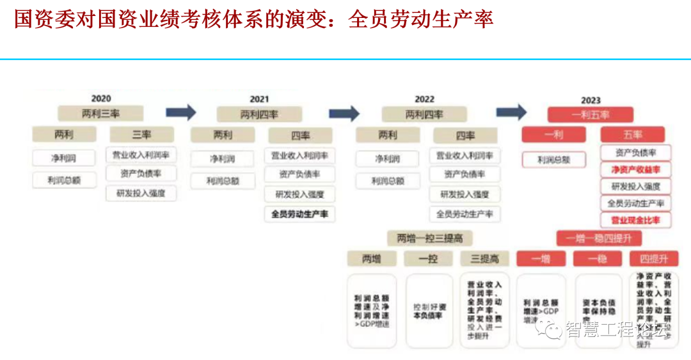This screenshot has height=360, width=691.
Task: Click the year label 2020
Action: click(x=100, y=98)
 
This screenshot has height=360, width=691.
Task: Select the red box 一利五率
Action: click(x=590, y=115)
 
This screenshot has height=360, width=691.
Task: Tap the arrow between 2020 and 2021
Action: click(x=180, y=113)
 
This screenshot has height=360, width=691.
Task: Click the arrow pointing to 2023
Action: click(x=511, y=113)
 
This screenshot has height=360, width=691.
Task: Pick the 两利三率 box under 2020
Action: click(x=100, y=114)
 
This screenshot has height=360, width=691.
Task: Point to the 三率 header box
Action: click(x=141, y=135)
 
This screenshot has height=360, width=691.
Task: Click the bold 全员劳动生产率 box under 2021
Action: click(x=299, y=214)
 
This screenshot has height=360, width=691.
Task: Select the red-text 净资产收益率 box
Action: click(x=635, y=169)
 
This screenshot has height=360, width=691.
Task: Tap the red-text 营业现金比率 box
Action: click(x=635, y=220)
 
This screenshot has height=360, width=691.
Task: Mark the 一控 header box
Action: click(x=428, y=258)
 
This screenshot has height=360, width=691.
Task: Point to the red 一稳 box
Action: click(x=598, y=258)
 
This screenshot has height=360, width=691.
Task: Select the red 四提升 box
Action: click(x=649, y=258)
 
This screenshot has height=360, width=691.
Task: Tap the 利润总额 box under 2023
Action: click(x=553, y=160)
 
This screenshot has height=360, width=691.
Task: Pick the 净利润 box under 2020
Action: click(x=63, y=157)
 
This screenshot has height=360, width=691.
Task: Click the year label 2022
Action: click(x=424, y=99)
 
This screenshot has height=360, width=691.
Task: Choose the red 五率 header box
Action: click(x=632, y=135)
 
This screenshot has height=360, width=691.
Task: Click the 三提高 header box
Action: click(x=484, y=258)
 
